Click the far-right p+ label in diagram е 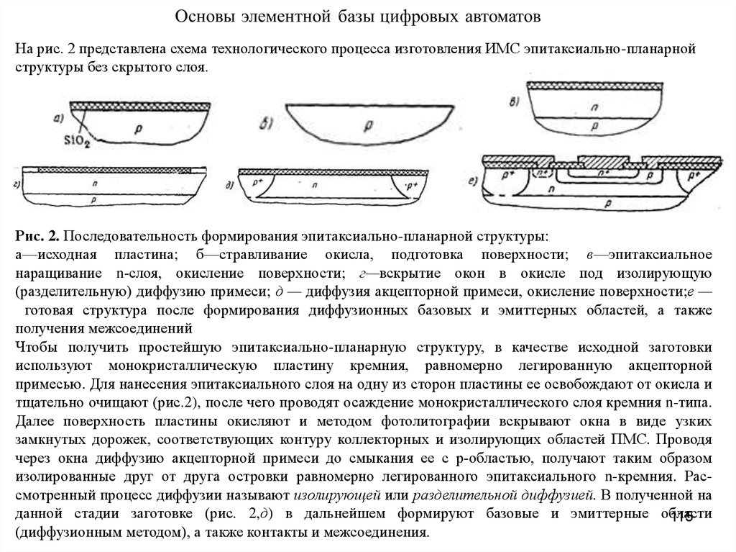[694, 175]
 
